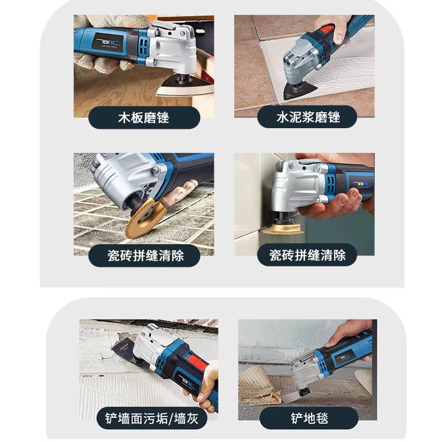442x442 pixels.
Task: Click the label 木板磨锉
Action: coord(144,117)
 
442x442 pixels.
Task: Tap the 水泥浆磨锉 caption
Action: coord(308,117)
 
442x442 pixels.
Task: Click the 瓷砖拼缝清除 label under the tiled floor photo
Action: coord(145,255)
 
